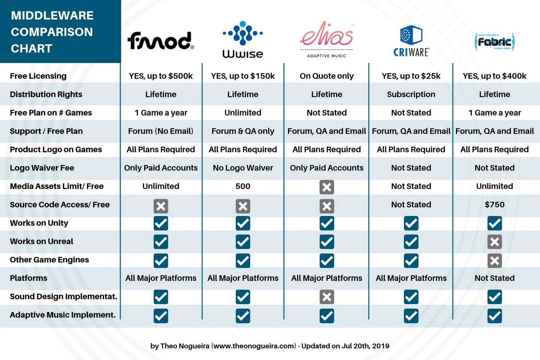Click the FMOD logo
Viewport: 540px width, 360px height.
click(160, 40)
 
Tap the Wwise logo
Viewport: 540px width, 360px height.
click(243, 39)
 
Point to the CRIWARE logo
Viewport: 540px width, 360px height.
click(411, 41)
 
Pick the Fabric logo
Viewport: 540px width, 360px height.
click(495, 42)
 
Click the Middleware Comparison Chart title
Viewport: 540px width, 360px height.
click(52, 32)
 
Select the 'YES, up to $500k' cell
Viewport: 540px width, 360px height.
click(160, 76)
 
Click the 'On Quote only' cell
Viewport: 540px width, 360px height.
click(327, 76)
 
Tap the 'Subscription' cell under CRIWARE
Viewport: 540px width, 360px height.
click(411, 94)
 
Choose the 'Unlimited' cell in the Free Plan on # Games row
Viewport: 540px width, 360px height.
click(243, 113)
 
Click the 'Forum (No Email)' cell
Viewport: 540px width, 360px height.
click(160, 131)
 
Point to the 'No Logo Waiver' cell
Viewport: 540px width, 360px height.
click(243, 168)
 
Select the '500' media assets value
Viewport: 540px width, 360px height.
click(243, 186)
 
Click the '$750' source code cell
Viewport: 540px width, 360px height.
click(495, 205)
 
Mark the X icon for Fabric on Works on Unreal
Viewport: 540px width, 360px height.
click(495, 242)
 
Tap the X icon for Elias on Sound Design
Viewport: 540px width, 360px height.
click(327, 297)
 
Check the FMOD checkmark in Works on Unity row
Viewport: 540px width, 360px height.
click(161, 223)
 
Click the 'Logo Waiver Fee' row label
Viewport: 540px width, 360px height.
click(42, 168)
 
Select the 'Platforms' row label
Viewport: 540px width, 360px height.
click(28, 278)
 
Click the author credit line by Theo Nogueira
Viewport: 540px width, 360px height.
click(270, 346)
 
